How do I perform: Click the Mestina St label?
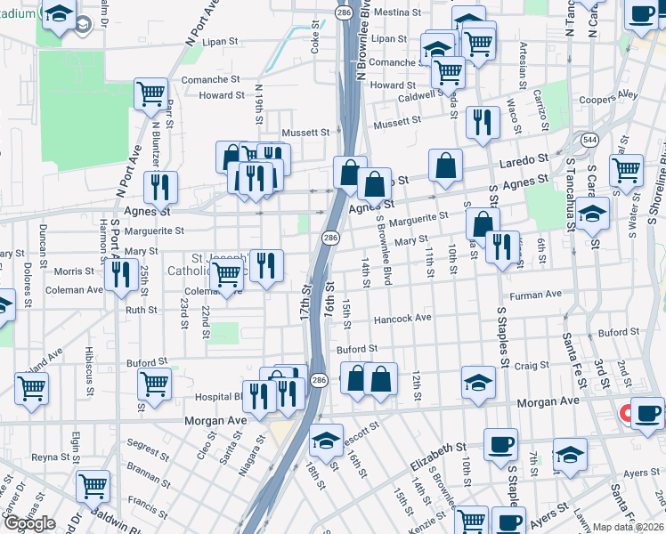coord(397,13)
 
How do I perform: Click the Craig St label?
coord(532,365)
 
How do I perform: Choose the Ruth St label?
coord(141,310)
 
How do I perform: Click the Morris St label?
coord(75,271)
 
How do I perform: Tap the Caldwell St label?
coord(421,96)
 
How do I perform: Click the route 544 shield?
coord(589,140)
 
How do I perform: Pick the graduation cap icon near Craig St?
coord(478,382)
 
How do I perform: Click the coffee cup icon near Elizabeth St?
coord(500,443)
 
